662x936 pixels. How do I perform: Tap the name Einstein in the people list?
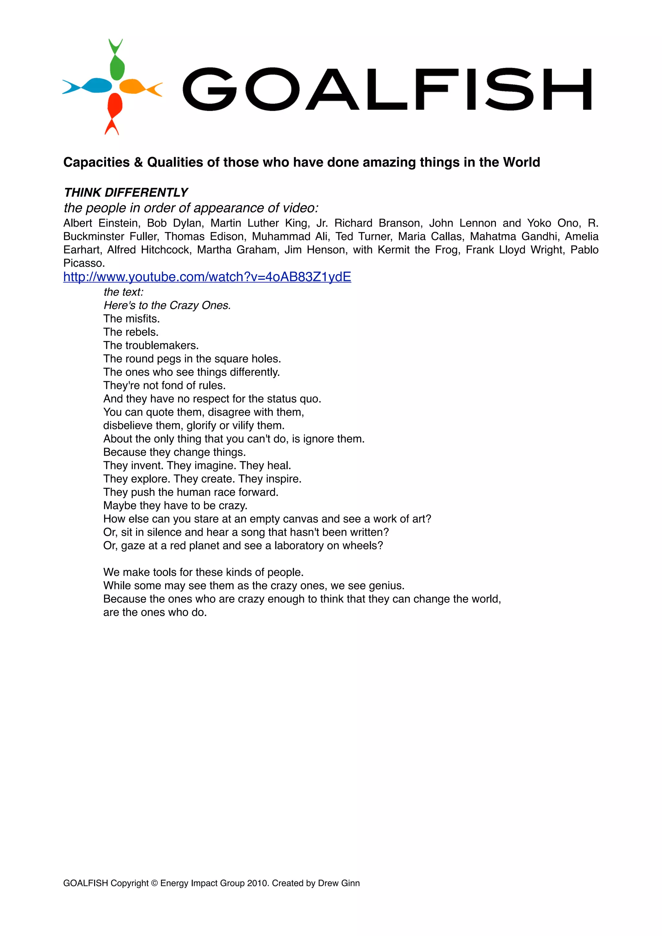[x=119, y=223]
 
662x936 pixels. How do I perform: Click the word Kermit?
[x=393, y=250]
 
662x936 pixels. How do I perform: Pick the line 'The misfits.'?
[x=131, y=318]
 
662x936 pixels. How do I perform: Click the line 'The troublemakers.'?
[x=151, y=345]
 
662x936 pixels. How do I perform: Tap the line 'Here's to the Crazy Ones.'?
[x=167, y=305]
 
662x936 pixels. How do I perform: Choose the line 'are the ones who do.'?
[x=155, y=612]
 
